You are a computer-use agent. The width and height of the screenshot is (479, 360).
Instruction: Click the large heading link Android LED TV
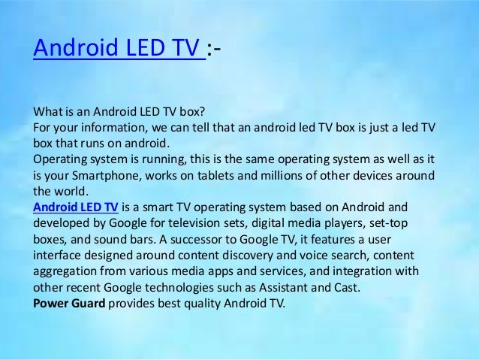(x=119, y=50)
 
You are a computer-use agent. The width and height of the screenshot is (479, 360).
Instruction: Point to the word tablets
(x=217, y=175)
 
